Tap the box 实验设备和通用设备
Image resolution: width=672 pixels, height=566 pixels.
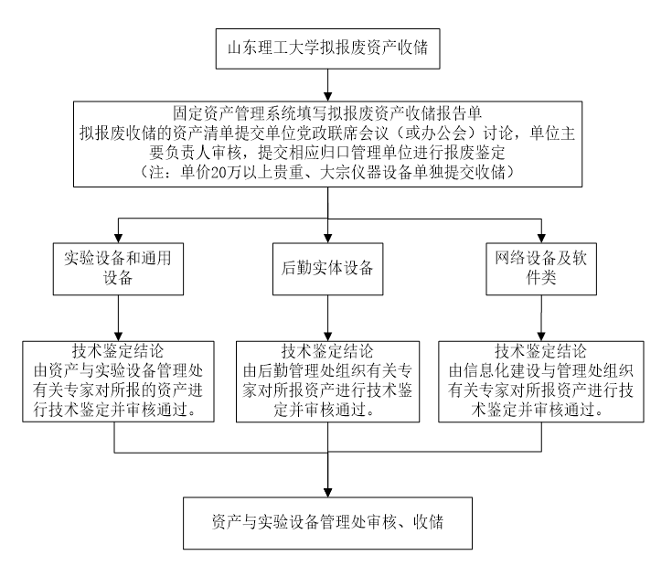click(x=114, y=268)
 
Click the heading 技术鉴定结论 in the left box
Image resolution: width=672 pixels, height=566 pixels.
click(x=115, y=352)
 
